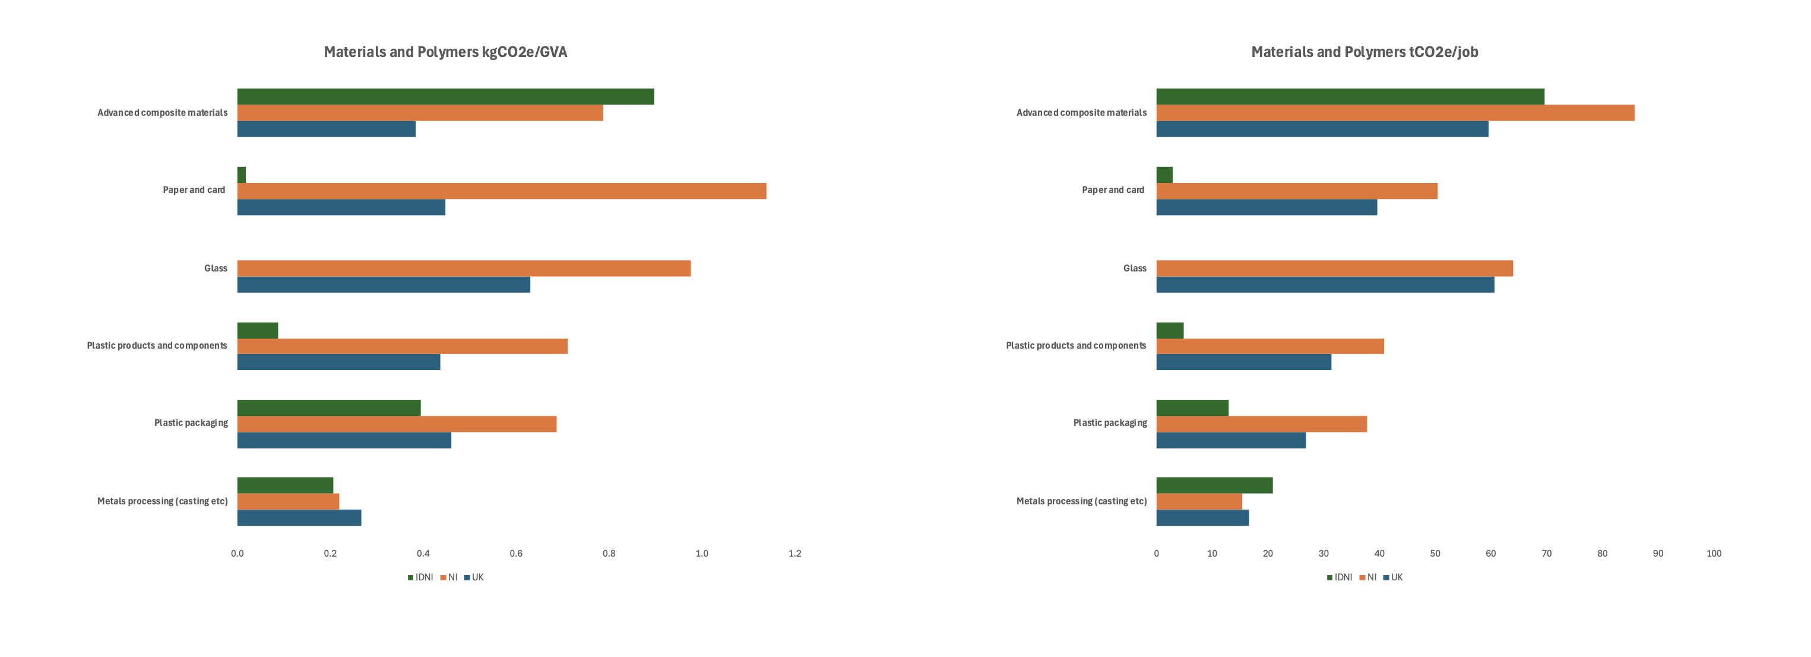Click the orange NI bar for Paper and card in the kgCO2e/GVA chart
[501, 191]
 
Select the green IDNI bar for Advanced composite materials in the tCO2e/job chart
[1350, 96]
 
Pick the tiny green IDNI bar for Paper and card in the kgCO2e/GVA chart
[241, 175]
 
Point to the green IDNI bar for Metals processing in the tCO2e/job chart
[1214, 485]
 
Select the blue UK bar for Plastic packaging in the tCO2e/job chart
[1230, 440]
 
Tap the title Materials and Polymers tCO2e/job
[1364, 52]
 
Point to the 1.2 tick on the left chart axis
[794, 554]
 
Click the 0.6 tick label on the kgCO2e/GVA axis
[516, 554]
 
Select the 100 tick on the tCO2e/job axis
[1713, 554]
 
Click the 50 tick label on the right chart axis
[1435, 554]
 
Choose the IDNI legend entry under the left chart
[420, 577]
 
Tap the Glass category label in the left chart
[215, 268]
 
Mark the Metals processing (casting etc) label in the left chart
[163, 501]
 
